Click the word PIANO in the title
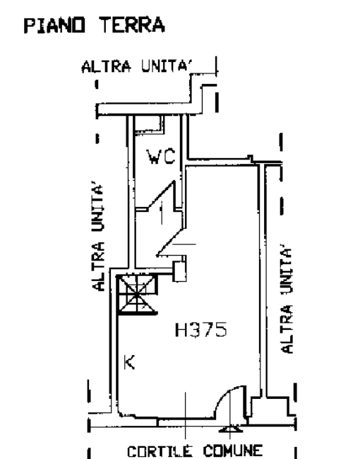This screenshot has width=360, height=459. pyautogui.click(x=54, y=25)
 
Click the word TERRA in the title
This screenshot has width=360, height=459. pyautogui.click(x=132, y=25)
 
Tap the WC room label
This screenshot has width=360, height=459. pyautogui.click(x=162, y=157)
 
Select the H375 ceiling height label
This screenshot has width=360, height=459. pyautogui.click(x=200, y=330)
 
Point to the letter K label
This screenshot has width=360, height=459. pyautogui.click(x=129, y=362)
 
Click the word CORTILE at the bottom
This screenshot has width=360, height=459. pyautogui.click(x=160, y=451)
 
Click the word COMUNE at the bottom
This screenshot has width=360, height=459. pyautogui.click(x=233, y=451)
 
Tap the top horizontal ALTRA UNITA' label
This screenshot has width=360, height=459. pyautogui.click(x=138, y=66)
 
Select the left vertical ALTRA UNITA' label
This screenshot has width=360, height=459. pyautogui.click(x=99, y=237)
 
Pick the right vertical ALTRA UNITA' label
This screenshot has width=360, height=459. pyautogui.click(x=287, y=301)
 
